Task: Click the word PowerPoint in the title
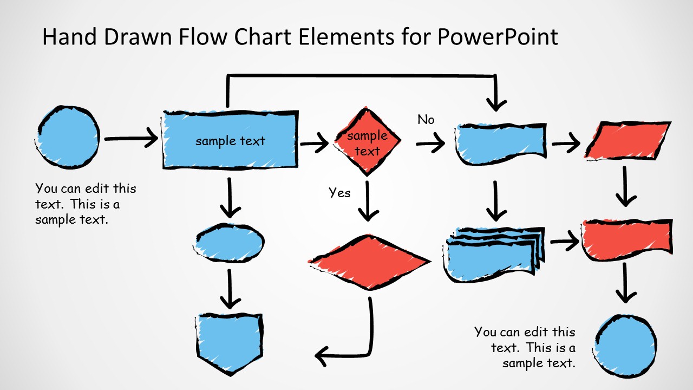pyautogui.click(x=496, y=37)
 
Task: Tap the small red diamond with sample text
pyautogui.click(x=368, y=142)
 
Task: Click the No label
pyautogui.click(x=426, y=120)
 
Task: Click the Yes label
pyautogui.click(x=339, y=193)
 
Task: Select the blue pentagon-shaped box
pyautogui.click(x=230, y=341)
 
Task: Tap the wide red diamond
pyautogui.click(x=369, y=262)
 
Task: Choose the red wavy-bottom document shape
pyautogui.click(x=626, y=238)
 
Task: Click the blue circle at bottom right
pyautogui.click(x=626, y=345)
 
